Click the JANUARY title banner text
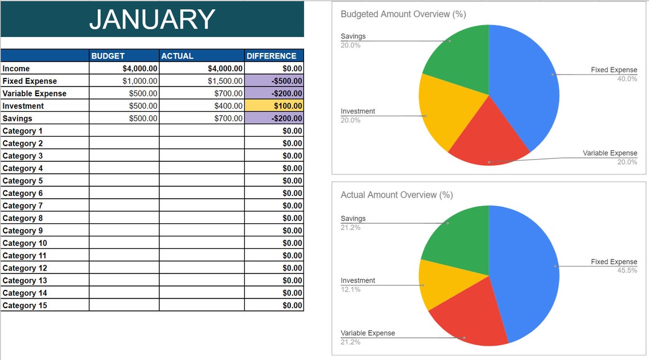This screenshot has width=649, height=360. pyautogui.click(x=152, y=19)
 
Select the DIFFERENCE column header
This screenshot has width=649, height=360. pyautogui.click(x=272, y=56)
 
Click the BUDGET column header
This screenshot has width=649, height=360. pyautogui.click(x=108, y=56)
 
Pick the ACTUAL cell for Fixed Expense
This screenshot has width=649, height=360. pyautogui.click(x=202, y=81)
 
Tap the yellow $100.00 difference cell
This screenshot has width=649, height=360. pyautogui.click(x=274, y=106)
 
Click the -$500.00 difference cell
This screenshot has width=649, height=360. pyautogui.click(x=274, y=81)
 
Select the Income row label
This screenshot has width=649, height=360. pyautogui.click(x=17, y=68)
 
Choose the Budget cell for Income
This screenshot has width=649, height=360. pyautogui.click(x=124, y=68)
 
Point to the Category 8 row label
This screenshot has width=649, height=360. pyautogui.click(x=23, y=218)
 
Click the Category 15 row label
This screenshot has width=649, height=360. pyautogui.click(x=24, y=305)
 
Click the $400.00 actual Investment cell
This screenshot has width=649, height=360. pyautogui.click(x=202, y=106)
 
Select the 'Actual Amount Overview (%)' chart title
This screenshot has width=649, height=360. pyautogui.click(x=396, y=195)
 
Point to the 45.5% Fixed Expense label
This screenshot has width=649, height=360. pyautogui.click(x=627, y=271)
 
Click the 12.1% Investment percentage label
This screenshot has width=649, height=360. pyautogui.click(x=350, y=289)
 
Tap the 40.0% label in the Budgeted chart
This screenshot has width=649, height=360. pyautogui.click(x=627, y=79)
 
